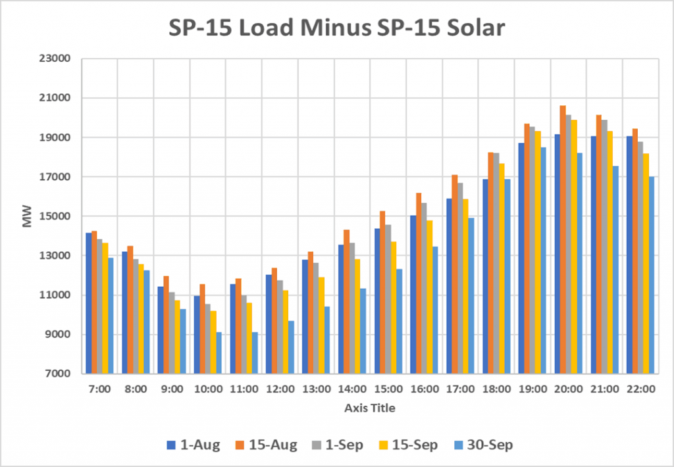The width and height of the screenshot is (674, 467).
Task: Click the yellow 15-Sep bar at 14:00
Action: [357, 316]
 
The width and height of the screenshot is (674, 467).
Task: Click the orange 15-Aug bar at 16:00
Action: [418, 283]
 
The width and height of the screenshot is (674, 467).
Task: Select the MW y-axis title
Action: [27, 216]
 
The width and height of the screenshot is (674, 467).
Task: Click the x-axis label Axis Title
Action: [370, 408]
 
